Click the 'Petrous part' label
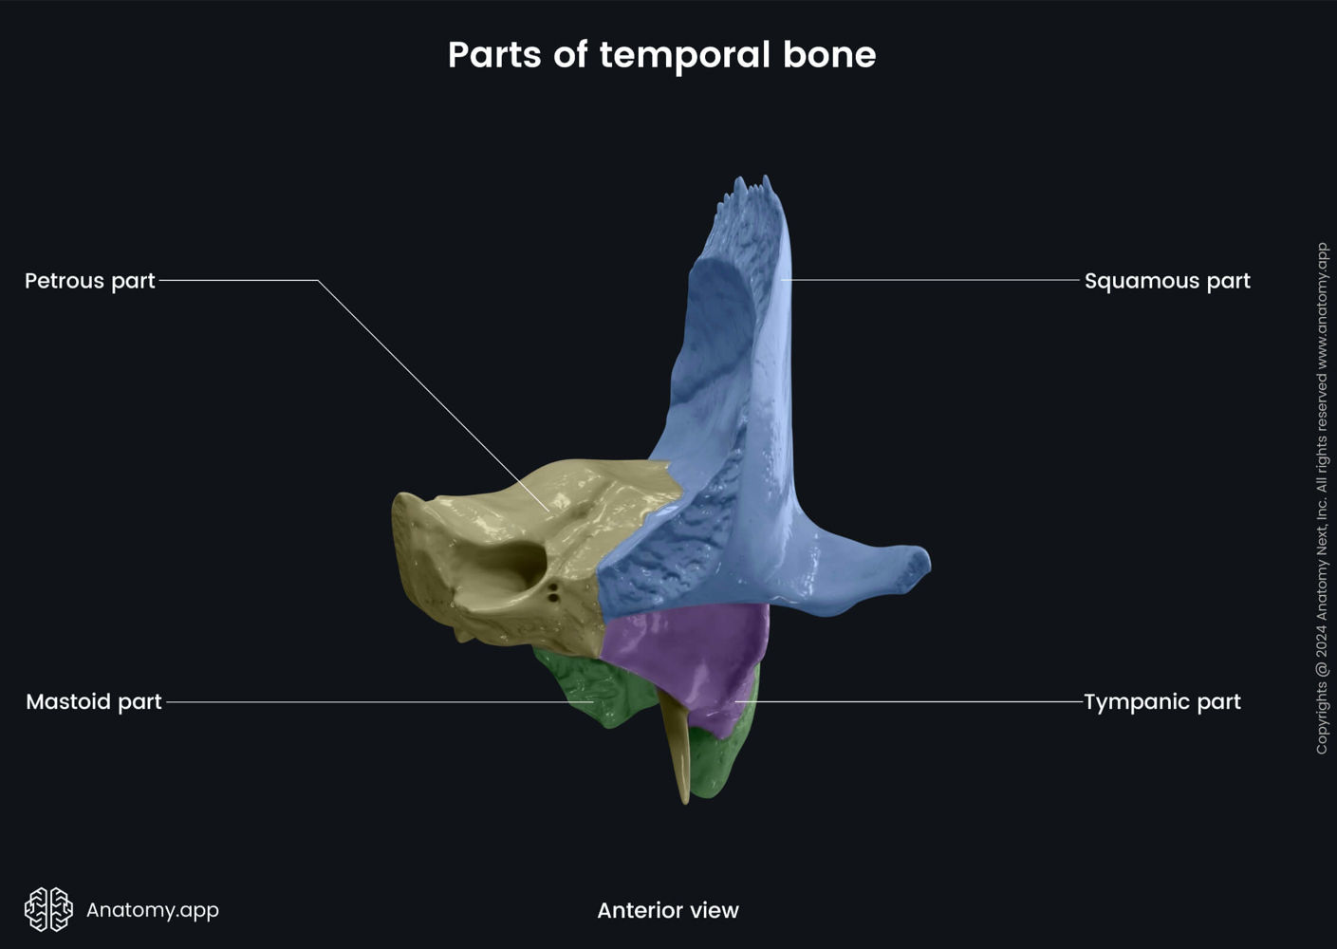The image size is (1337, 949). pyautogui.click(x=90, y=281)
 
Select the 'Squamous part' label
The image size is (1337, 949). pyautogui.click(x=1166, y=281)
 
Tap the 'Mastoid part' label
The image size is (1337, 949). pyautogui.click(x=94, y=702)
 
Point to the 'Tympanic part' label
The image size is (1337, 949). pyautogui.click(x=1161, y=702)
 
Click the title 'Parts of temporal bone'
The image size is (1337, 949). pyautogui.click(x=661, y=55)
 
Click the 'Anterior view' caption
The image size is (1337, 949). pyautogui.click(x=667, y=910)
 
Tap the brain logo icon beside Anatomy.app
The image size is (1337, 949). pyautogui.click(x=48, y=909)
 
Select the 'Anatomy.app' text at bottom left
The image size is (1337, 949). pyautogui.click(x=153, y=910)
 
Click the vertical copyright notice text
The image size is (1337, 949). pyautogui.click(x=1321, y=498)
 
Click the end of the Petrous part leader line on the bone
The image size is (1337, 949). pyautogui.click(x=548, y=512)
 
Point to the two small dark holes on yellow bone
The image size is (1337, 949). pyautogui.click(x=552, y=593)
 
